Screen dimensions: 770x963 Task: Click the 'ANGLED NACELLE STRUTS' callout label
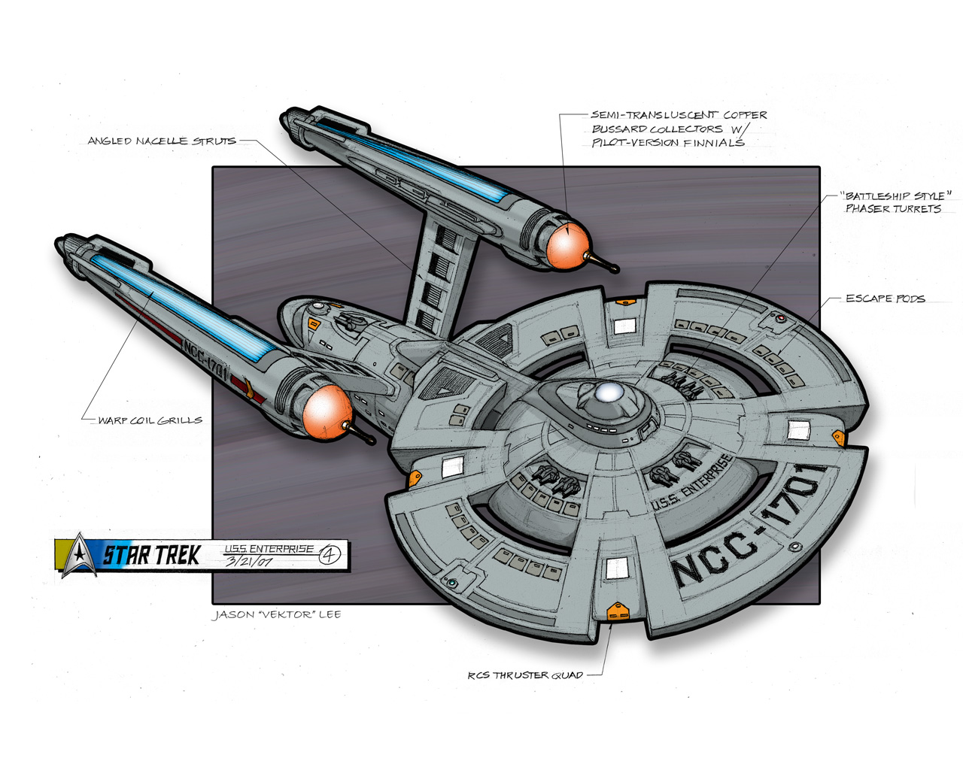[161, 141]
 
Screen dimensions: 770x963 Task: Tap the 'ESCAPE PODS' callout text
[885, 299]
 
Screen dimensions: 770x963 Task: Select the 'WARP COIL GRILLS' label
[150, 420]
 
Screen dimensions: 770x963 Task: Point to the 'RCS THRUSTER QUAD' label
[525, 675]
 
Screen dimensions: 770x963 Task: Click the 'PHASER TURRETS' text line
[893, 209]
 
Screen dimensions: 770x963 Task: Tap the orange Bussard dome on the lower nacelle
[327, 411]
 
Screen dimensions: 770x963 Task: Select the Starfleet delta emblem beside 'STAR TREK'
[77, 555]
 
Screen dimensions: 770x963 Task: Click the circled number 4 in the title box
[330, 556]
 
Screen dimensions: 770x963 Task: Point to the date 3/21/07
[248, 561]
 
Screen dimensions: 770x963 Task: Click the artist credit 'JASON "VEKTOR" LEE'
[277, 614]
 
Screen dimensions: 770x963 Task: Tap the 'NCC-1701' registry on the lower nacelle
[204, 357]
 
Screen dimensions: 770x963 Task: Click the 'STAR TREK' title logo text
[151, 556]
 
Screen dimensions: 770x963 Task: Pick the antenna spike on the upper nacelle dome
[603, 262]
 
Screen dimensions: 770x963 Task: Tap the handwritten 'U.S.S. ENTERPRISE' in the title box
[269, 549]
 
